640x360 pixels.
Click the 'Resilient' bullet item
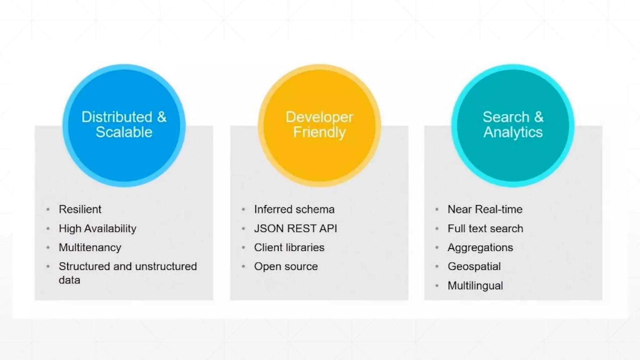click(x=80, y=209)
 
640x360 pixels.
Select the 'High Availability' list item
click(x=97, y=229)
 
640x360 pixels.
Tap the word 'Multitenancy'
click(x=90, y=247)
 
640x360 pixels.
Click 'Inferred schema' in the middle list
click(x=294, y=209)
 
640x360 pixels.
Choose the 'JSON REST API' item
click(x=295, y=229)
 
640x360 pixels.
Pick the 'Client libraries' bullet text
click(x=289, y=247)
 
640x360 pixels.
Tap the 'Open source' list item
click(x=286, y=267)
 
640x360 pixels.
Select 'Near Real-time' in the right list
click(x=485, y=209)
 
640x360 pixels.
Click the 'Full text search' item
click(x=485, y=229)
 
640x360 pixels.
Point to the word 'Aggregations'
click(x=480, y=248)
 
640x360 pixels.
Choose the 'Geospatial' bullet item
click(x=474, y=267)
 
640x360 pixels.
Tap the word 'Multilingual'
click(x=475, y=286)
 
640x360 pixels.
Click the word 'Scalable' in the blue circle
click(x=124, y=132)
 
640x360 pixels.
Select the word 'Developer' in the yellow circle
click(x=319, y=117)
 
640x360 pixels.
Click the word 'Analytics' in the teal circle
click(x=513, y=132)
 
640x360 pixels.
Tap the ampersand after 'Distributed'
click(x=162, y=117)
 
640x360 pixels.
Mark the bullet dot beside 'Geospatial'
click(x=437, y=267)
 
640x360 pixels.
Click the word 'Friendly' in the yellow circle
click(x=319, y=132)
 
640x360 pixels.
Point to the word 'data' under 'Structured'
click(x=69, y=280)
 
